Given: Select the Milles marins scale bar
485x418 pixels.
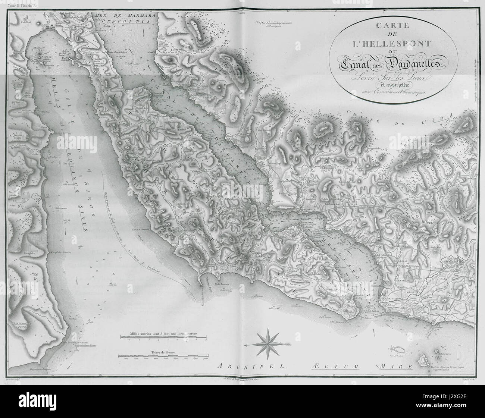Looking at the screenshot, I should pos(163,337).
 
